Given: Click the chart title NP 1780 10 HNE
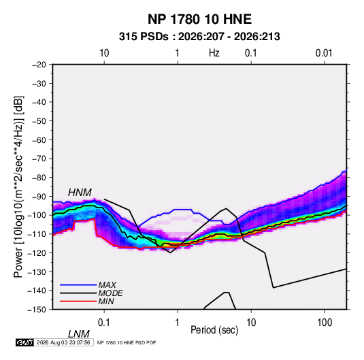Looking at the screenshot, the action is (199, 19).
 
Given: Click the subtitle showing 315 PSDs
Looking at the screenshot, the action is (199, 37).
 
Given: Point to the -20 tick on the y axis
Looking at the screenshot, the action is (39, 65).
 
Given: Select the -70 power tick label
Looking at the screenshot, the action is (39, 159).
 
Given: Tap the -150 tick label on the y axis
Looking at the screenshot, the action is (37, 310).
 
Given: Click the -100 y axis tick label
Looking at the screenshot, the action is (37, 215).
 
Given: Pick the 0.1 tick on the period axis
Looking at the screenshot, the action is (104, 323).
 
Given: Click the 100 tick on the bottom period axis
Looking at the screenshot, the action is (325, 323).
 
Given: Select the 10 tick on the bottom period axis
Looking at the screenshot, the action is (251, 323).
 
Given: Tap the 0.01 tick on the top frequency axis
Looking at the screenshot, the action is (324, 53).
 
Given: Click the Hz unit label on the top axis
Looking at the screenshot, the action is (214, 53).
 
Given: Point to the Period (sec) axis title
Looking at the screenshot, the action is (214, 330).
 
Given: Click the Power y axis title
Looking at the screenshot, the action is (19, 187).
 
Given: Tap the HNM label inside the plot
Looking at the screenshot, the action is (80, 193).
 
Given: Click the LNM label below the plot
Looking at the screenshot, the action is (79, 334).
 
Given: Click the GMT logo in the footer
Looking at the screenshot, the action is (25, 342).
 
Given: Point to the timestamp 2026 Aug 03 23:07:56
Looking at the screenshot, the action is (63, 342).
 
